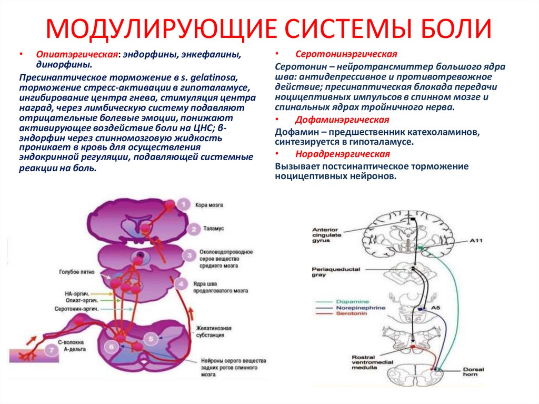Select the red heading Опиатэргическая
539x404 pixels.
(x=76, y=55)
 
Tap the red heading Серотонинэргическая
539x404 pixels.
(x=346, y=54)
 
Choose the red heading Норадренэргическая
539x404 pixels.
(x=343, y=154)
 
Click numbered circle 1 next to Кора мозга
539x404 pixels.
(x=184, y=204)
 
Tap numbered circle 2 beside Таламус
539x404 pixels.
(x=193, y=229)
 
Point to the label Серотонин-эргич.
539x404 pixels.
(x=76, y=309)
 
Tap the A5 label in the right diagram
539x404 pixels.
(x=435, y=307)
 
